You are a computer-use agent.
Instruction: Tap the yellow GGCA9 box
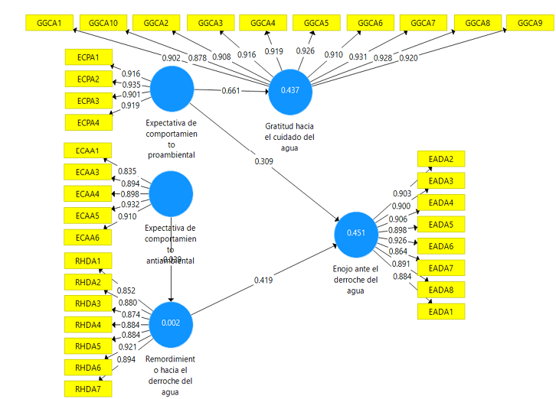(530, 23)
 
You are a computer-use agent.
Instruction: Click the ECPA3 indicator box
(88, 101)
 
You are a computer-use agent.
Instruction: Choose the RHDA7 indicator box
(88, 390)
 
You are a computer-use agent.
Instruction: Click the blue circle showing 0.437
(290, 90)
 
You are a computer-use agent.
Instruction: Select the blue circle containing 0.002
(170, 323)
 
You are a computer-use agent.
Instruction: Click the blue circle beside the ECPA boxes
(171, 89)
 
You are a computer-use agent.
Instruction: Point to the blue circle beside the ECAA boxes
(171, 193)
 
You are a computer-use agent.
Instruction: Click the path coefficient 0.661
(231, 92)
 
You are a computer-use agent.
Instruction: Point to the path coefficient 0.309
(263, 161)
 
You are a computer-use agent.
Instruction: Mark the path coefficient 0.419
(263, 280)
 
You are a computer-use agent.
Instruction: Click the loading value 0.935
(132, 84)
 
